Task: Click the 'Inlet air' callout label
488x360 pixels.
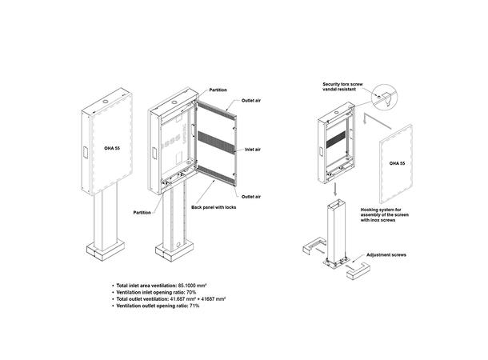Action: pos(253,150)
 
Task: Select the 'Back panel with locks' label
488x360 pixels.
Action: pos(214,207)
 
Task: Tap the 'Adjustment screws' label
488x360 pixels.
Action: pos(386,255)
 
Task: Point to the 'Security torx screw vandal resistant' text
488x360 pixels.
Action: pos(342,86)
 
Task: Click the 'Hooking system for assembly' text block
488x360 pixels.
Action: pos(385,215)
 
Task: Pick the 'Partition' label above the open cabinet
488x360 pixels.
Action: pos(218,90)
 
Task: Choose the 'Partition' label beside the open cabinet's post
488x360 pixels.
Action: pos(142,213)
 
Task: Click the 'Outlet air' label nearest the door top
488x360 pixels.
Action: pos(251,101)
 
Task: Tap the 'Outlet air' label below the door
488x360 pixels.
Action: pos(251,197)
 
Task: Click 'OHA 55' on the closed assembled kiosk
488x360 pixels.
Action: pos(112,148)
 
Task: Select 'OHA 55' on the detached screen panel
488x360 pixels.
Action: pos(397,163)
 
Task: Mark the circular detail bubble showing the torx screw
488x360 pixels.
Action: pos(385,97)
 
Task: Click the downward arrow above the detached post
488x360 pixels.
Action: pos(335,190)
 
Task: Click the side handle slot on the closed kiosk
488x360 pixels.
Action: pos(86,153)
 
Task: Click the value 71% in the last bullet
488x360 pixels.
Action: pos(194,306)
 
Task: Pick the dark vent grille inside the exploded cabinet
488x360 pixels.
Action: pos(336,139)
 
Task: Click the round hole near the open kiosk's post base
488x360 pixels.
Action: pos(178,245)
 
